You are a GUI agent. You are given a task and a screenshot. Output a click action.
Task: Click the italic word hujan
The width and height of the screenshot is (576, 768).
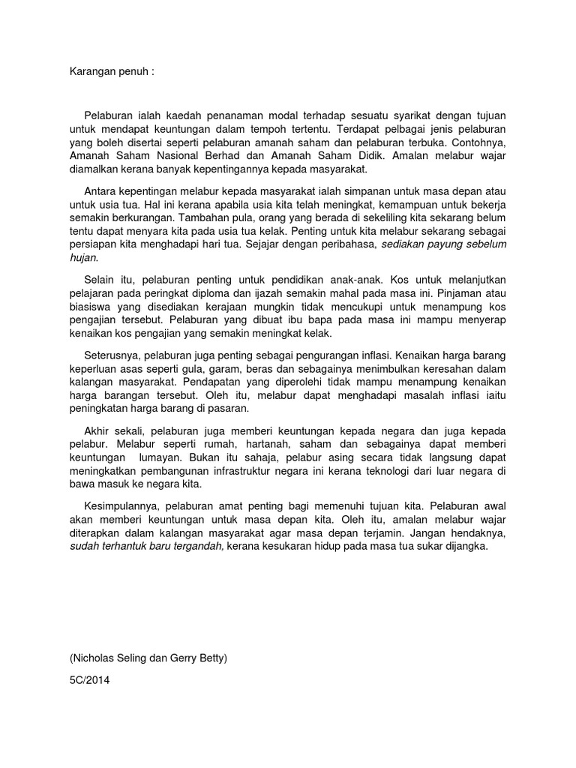tap(83, 257)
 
